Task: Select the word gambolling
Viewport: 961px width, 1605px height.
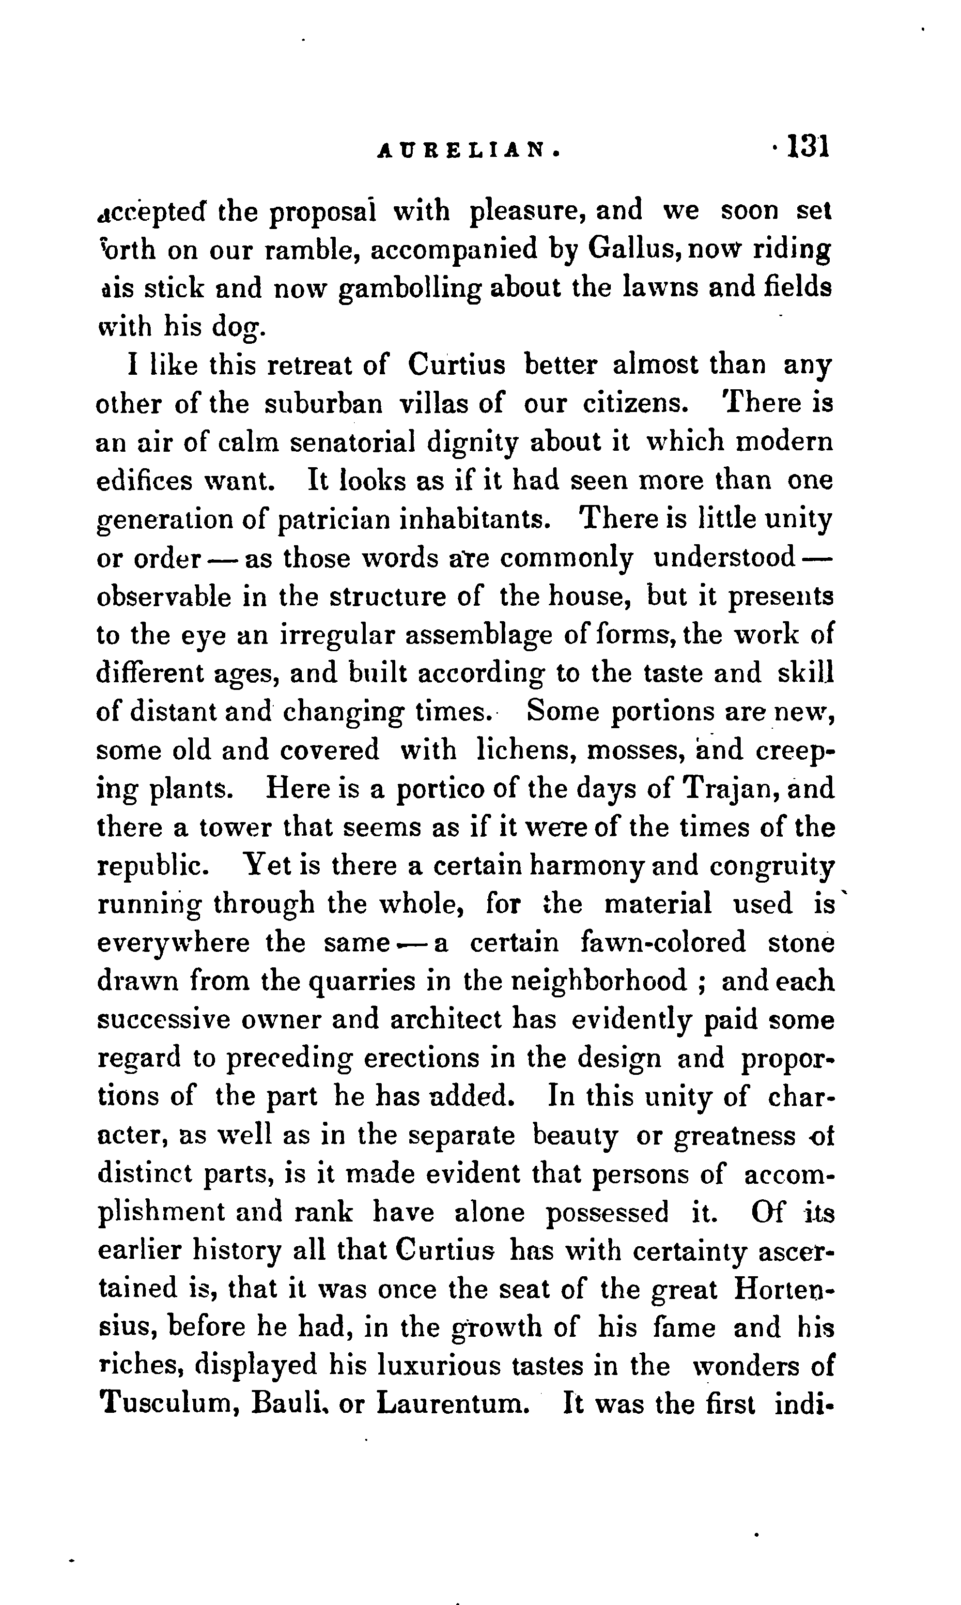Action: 412,289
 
